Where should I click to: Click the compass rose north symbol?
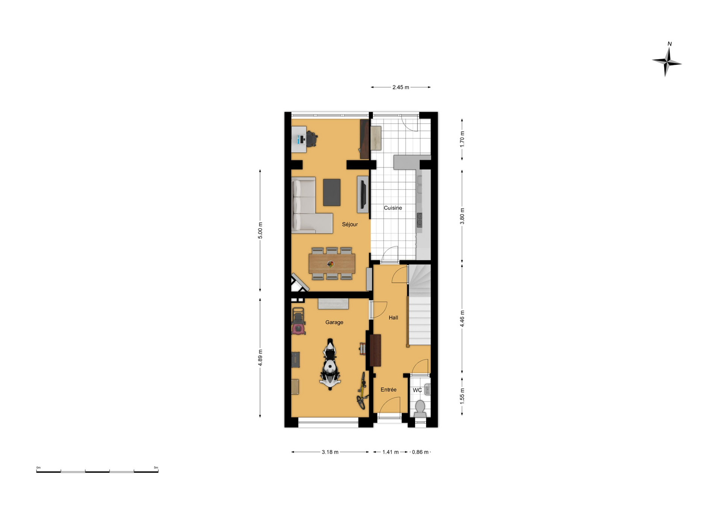click(667, 60)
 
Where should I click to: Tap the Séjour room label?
click(350, 224)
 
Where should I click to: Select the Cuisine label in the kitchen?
click(393, 208)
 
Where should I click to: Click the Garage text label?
click(334, 322)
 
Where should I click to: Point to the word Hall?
click(393, 318)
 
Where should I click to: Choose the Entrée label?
click(388, 389)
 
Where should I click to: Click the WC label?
click(417, 390)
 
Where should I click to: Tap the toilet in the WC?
click(420, 409)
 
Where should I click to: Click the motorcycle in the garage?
click(330, 364)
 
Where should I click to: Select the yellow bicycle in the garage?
click(362, 391)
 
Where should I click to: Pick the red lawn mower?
click(298, 321)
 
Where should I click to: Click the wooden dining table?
click(332, 264)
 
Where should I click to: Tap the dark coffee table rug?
click(332, 192)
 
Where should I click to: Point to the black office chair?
click(312, 139)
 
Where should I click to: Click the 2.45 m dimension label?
click(400, 87)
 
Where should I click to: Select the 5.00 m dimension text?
click(260, 230)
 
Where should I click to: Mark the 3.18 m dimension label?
click(330, 452)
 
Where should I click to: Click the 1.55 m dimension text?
click(462, 396)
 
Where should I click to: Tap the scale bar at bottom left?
click(97, 471)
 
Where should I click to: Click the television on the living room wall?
click(363, 195)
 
